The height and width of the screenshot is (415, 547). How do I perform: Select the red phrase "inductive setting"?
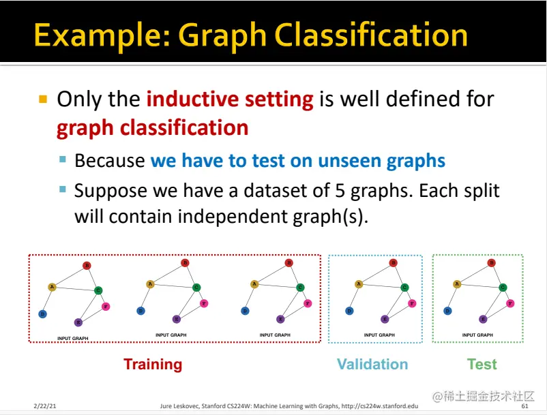(x=230, y=99)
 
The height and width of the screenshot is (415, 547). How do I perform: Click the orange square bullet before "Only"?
(x=43, y=99)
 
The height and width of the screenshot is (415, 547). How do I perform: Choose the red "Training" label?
(x=153, y=365)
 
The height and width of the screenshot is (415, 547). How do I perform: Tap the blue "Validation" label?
(x=372, y=365)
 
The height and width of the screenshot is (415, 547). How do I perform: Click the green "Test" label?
(x=482, y=365)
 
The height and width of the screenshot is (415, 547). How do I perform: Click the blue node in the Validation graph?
(x=349, y=311)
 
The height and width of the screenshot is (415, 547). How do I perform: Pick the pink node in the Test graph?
(x=512, y=303)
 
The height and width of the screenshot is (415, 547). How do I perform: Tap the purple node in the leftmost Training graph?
(x=78, y=322)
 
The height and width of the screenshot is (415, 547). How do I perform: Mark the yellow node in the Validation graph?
(x=358, y=283)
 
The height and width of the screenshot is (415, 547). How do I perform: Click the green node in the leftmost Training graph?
(x=98, y=290)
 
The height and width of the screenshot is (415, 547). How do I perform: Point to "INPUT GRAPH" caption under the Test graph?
(x=477, y=335)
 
